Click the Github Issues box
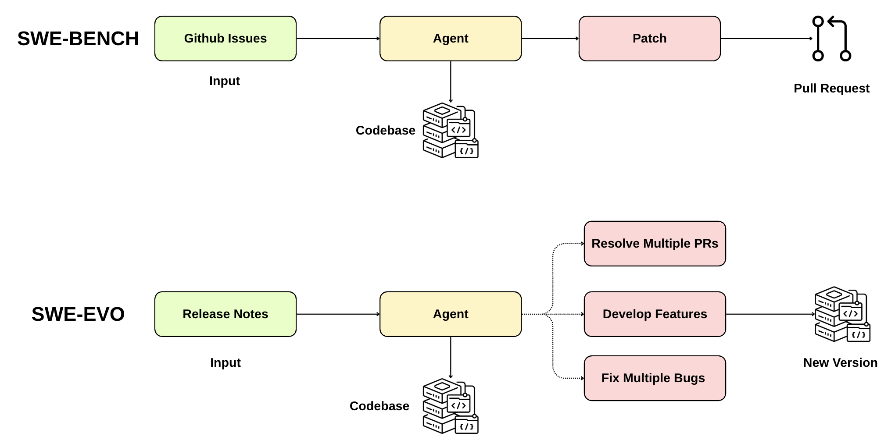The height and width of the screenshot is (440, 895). (225, 39)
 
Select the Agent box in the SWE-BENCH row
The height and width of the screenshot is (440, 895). (450, 39)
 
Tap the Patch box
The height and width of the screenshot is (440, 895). (649, 39)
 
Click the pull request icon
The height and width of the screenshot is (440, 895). (831, 39)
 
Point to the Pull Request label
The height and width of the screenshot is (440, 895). (831, 89)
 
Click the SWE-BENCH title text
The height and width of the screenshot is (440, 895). (78, 39)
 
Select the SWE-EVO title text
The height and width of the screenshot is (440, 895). (78, 314)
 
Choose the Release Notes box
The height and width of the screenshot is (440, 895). (225, 314)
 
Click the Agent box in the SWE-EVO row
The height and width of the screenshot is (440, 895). (450, 314)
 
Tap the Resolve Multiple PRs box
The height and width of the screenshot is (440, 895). (655, 244)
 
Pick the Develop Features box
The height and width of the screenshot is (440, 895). (655, 314)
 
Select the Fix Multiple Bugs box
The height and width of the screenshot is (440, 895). (655, 378)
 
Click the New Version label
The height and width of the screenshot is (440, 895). (840, 363)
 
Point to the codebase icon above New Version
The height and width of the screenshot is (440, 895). (842, 314)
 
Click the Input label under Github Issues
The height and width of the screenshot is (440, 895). (224, 81)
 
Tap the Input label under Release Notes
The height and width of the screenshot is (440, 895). (225, 363)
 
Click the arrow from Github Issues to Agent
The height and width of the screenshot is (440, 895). (338, 39)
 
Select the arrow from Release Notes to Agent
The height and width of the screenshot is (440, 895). (338, 314)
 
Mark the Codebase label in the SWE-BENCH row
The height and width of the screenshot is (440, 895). (385, 131)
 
